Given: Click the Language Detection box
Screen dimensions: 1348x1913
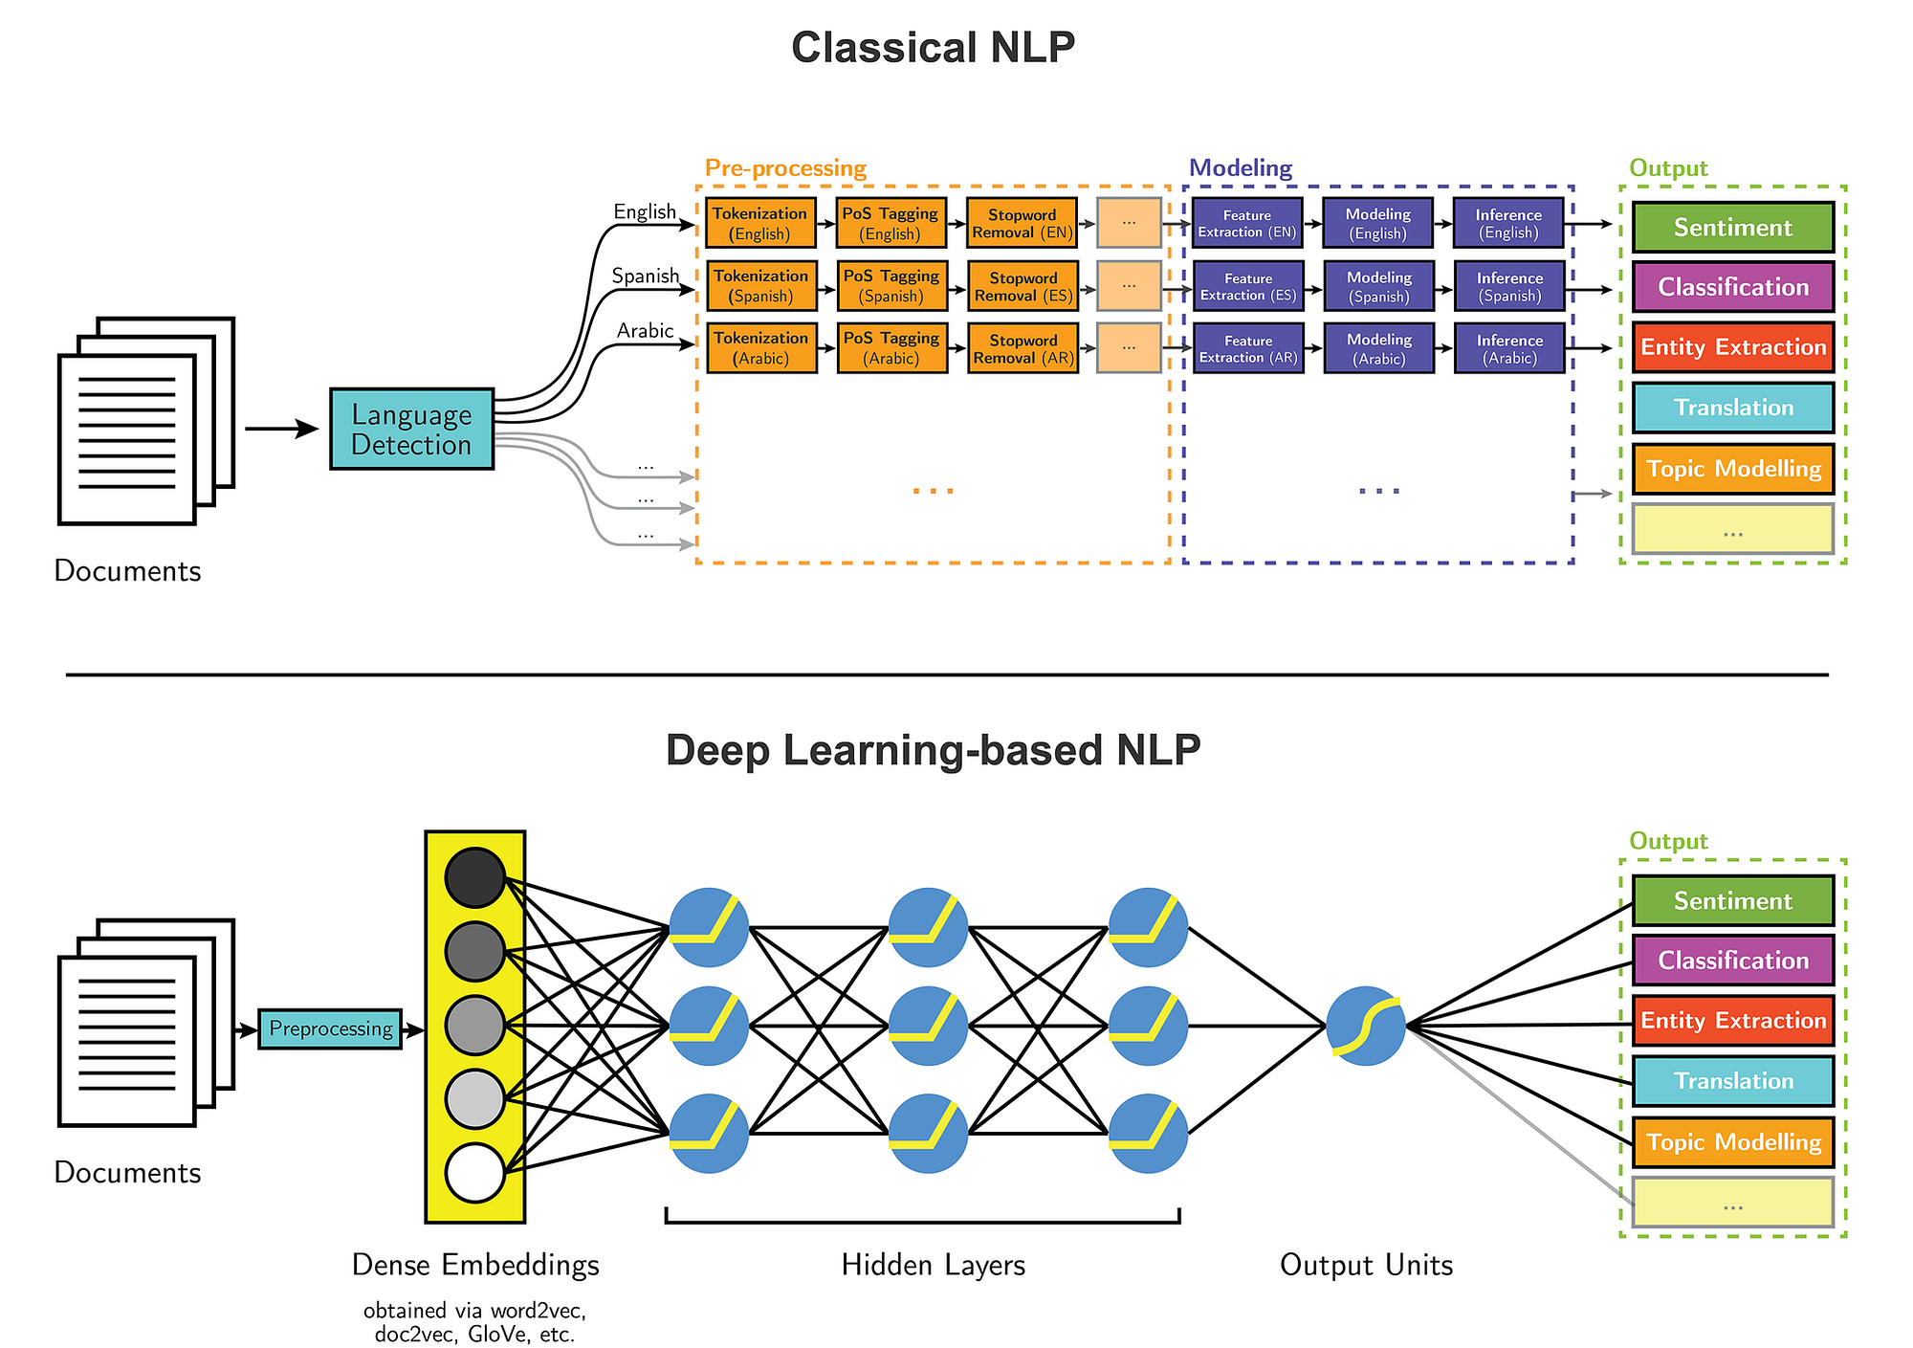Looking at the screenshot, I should click(x=411, y=429).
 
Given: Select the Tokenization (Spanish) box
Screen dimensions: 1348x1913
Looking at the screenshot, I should click(x=761, y=286).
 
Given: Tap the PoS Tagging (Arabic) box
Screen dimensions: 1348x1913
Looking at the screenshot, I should click(x=891, y=348).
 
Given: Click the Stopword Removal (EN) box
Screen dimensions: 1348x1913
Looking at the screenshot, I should click(x=1022, y=223).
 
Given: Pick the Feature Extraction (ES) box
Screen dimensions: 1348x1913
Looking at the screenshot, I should click(x=1248, y=286).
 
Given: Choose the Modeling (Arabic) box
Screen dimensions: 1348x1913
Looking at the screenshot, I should click(x=1378, y=348).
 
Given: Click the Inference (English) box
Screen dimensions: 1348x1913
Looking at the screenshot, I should click(x=1508, y=223).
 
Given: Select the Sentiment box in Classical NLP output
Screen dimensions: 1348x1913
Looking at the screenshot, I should click(x=1732, y=228).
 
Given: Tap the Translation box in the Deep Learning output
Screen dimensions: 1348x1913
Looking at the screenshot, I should click(x=1732, y=1081).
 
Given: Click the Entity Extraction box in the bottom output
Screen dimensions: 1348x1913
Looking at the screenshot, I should click(x=1732, y=1021).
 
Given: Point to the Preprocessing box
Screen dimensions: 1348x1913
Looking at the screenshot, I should click(x=330, y=1029).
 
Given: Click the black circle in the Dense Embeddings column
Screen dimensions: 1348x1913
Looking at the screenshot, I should click(x=474, y=877).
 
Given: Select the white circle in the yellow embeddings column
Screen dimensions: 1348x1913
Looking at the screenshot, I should click(x=474, y=1173).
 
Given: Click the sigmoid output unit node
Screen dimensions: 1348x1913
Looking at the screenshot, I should click(x=1366, y=1027).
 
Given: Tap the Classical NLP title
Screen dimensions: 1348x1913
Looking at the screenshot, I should click(x=933, y=48).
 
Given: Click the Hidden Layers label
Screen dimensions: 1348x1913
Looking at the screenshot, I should click(x=933, y=1265).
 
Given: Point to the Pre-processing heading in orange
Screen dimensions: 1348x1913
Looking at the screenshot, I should click(x=785, y=168).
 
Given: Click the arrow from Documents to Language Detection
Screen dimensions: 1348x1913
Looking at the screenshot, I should click(x=281, y=429).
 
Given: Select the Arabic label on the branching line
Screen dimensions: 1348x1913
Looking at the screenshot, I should click(x=645, y=331).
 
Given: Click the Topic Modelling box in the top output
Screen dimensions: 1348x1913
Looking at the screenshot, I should click(x=1732, y=469).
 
